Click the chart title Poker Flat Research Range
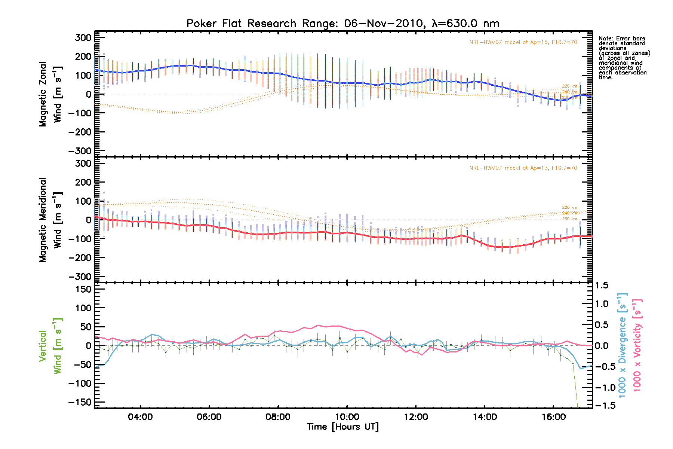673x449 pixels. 342,24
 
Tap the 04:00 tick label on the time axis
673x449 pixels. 140,417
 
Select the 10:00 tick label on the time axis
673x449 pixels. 347,417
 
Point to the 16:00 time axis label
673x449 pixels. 553,417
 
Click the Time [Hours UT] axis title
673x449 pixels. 342,427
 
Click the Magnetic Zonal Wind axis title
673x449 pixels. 50,94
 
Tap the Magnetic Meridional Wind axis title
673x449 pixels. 50,220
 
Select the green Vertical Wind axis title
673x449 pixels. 50,346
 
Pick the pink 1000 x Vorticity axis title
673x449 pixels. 637,346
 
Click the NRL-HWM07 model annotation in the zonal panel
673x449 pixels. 523,42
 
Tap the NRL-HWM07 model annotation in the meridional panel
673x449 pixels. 523,168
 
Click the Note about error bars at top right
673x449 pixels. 624,58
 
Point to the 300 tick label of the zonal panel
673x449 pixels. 83,38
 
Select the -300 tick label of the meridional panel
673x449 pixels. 80,277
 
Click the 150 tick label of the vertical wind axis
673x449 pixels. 83,289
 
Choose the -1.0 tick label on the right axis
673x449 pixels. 605,388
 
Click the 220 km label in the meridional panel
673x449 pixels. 569,207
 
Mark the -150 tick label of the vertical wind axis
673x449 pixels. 80,402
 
